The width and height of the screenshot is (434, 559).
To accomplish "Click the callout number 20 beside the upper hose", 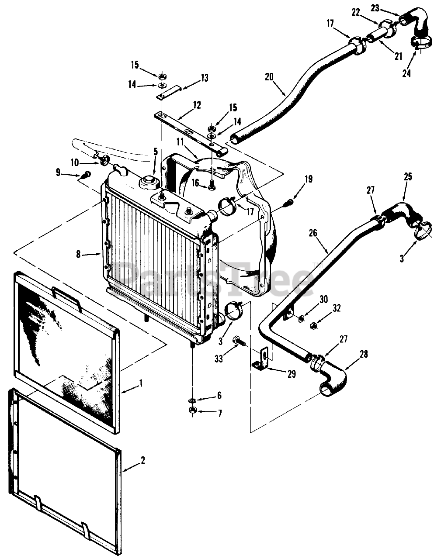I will tap(269, 77).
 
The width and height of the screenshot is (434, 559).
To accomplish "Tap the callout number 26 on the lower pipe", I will tap(312, 233).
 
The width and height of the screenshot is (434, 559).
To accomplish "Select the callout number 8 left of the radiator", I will tap(78, 254).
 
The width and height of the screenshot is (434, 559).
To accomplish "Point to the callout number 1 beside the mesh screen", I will tap(141, 383).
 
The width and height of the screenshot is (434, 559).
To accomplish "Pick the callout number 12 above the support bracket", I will tap(196, 105).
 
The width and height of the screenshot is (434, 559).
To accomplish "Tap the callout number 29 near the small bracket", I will tap(292, 374).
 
